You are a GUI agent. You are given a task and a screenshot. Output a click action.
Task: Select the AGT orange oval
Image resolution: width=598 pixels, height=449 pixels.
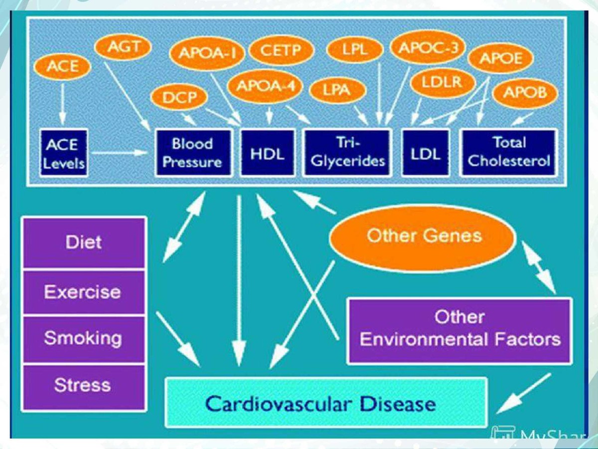124,47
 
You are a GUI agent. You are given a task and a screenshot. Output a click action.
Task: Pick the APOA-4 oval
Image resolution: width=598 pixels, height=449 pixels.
265,86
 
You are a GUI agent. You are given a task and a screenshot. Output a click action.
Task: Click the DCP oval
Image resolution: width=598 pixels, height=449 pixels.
178,97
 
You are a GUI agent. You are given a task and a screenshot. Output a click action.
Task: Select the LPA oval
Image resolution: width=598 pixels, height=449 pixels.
337,91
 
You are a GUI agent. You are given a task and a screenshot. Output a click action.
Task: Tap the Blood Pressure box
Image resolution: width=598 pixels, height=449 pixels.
193,153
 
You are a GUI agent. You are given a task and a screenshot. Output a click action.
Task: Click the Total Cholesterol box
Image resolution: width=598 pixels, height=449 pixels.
508,153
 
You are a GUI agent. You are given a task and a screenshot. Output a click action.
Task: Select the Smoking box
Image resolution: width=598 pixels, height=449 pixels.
83,339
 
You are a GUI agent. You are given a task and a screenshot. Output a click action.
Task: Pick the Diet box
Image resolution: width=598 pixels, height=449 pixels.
83,243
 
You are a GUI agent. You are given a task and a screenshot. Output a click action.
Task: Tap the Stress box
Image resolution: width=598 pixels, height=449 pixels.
83,386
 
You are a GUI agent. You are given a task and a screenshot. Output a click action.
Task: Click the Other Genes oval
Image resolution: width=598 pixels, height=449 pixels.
424,236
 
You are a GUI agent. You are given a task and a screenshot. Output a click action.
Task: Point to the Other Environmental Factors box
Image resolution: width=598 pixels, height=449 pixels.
459,329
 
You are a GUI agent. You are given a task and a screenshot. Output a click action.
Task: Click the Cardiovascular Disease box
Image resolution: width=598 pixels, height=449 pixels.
325,403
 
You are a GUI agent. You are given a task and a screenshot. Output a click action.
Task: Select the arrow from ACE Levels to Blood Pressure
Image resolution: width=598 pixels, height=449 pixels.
120,153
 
